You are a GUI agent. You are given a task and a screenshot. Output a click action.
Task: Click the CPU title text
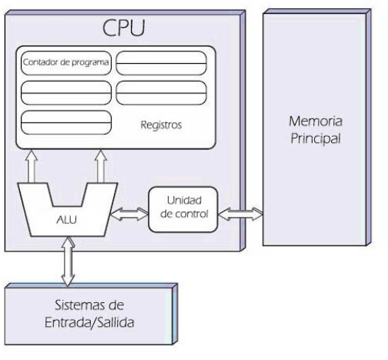pos(125,28)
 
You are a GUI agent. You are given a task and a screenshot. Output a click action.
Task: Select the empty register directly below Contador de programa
pos(66,92)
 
